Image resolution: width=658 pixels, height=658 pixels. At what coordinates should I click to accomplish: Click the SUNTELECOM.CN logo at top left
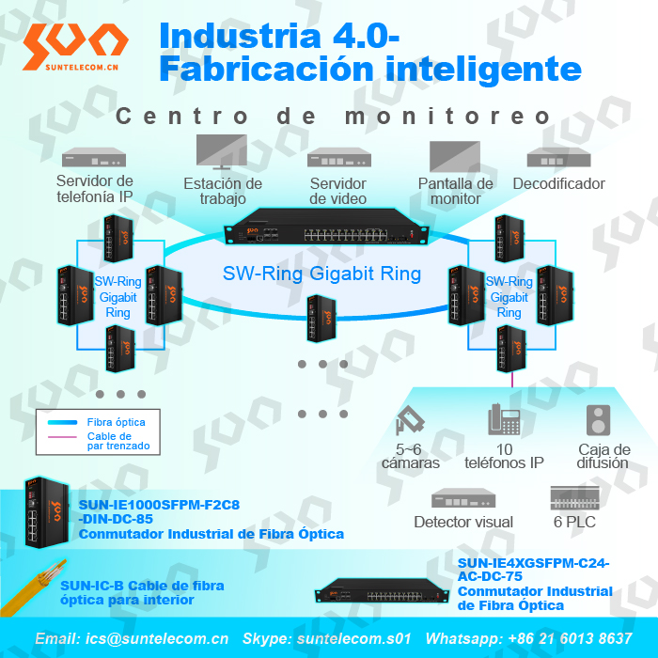[74, 45]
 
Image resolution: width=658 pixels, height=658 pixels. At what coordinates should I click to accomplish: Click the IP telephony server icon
[93, 158]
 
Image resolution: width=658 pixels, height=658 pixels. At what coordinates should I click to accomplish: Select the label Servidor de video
[337, 191]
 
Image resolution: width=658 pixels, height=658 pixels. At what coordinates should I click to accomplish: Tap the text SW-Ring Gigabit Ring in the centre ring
[335, 274]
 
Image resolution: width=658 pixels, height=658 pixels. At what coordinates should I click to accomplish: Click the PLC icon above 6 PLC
[574, 497]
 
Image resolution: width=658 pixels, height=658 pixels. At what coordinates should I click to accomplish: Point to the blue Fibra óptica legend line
[60, 423]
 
